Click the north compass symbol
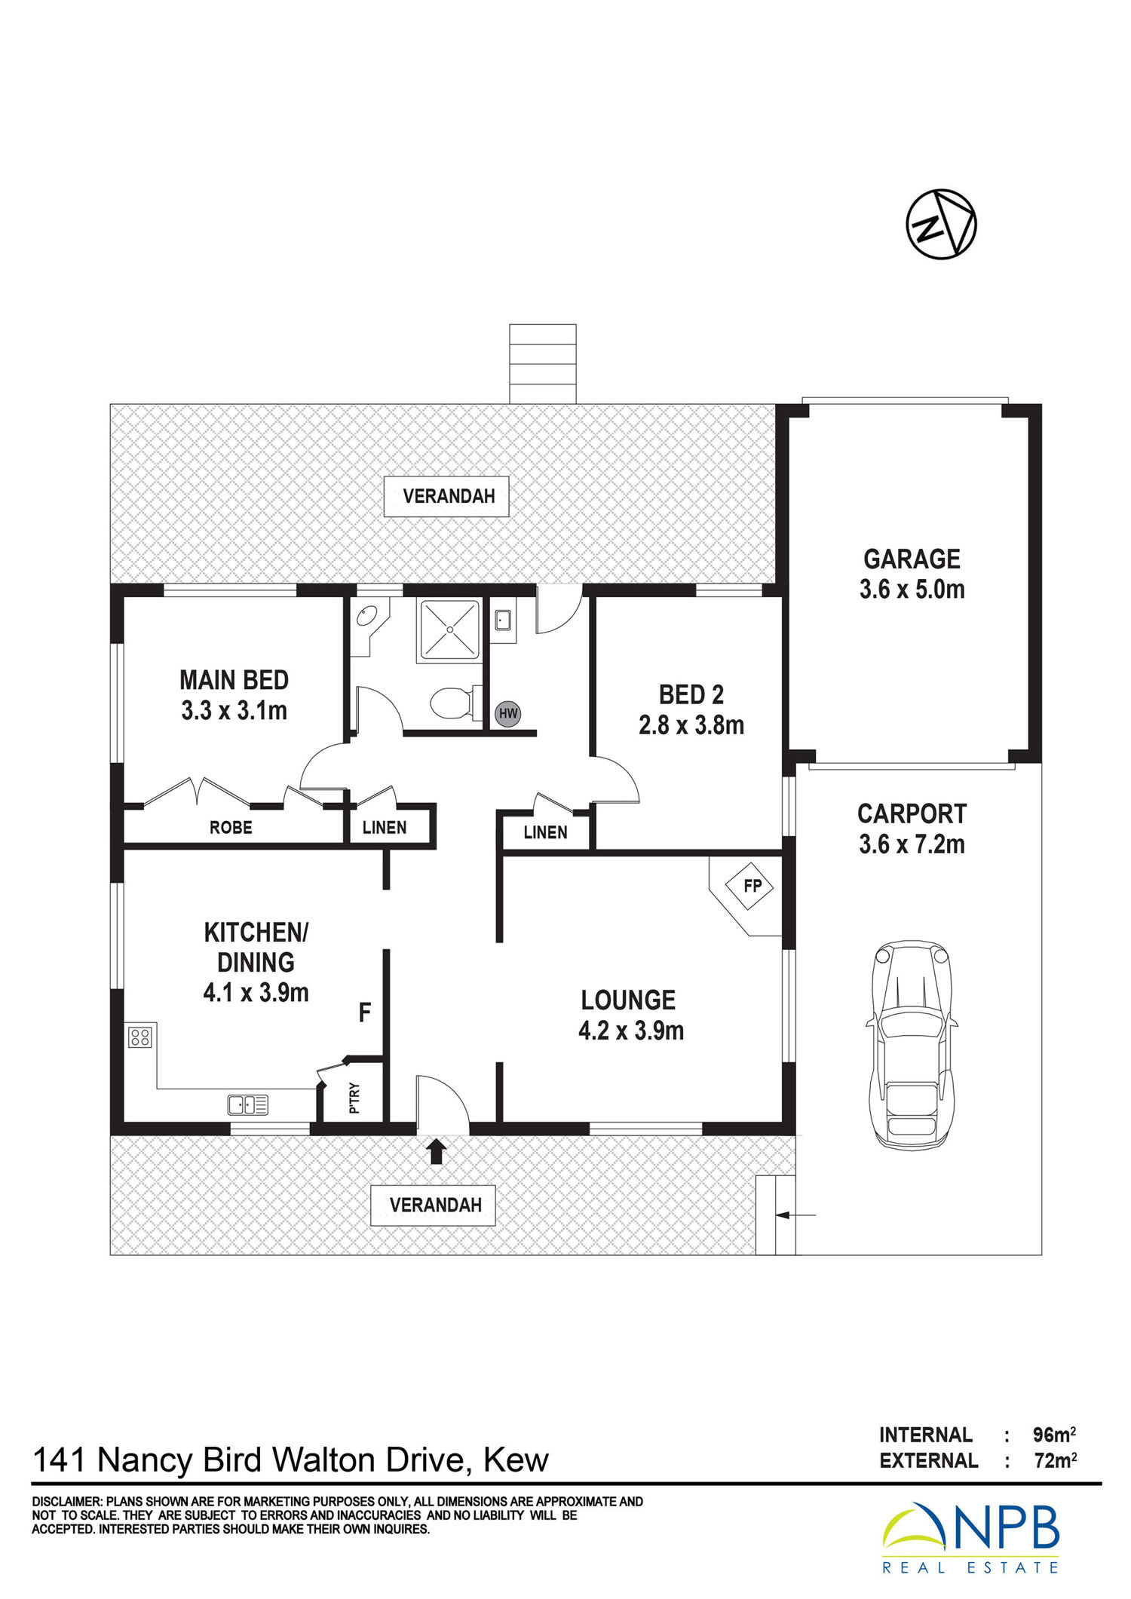[x=941, y=225]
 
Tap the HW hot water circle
[x=508, y=713]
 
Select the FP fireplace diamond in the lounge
[x=752, y=885]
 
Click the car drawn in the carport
[x=911, y=1043]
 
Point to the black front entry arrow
[x=437, y=1150]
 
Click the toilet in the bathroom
[x=455, y=703]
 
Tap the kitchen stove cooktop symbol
[x=141, y=1037]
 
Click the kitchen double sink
[x=248, y=1104]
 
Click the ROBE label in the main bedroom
[x=231, y=827]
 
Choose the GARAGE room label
[x=912, y=559]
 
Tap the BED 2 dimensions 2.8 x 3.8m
[x=691, y=724]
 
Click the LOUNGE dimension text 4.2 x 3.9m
[x=631, y=1030]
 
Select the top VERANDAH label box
[x=446, y=496]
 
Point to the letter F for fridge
[x=365, y=1012]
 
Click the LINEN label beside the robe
[x=385, y=827]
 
